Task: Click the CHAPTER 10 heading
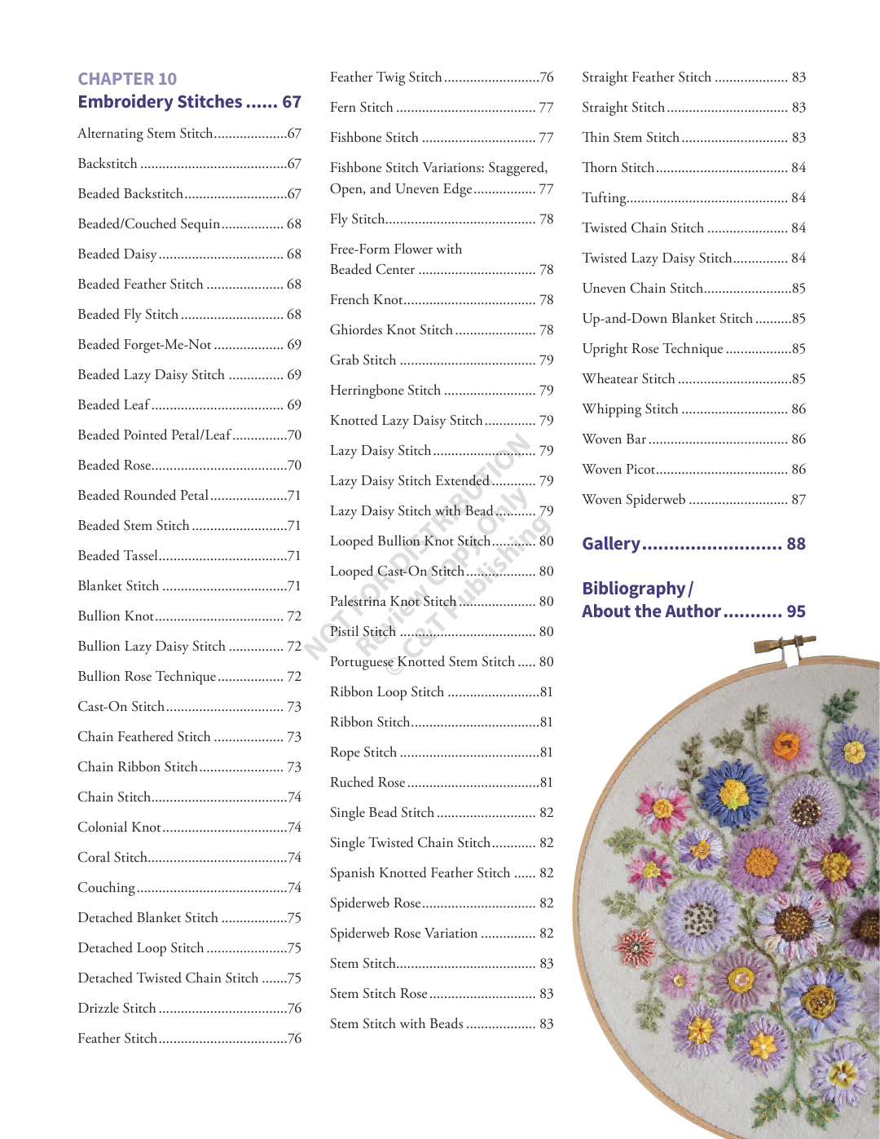click(127, 79)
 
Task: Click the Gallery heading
click(611, 544)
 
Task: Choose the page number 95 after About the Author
click(796, 611)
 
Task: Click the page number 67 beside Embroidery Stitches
click(292, 102)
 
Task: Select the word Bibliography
click(634, 589)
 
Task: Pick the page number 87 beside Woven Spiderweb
click(799, 500)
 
